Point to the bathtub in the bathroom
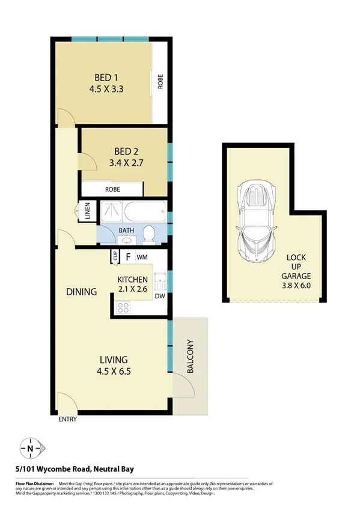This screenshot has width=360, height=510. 144,212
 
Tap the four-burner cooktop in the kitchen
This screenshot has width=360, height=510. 124,307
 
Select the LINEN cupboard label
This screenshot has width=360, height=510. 87,212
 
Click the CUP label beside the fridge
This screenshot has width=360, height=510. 114,257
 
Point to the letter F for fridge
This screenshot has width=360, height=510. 128,257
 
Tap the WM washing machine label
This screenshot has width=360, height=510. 142,257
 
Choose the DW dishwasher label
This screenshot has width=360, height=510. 160,296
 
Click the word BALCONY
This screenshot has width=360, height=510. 191,358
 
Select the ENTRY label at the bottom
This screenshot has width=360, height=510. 67,420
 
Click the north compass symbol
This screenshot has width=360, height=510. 30,448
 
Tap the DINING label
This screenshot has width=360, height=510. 82,292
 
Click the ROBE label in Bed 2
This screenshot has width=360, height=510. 112,189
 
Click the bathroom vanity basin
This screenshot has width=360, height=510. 126,241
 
